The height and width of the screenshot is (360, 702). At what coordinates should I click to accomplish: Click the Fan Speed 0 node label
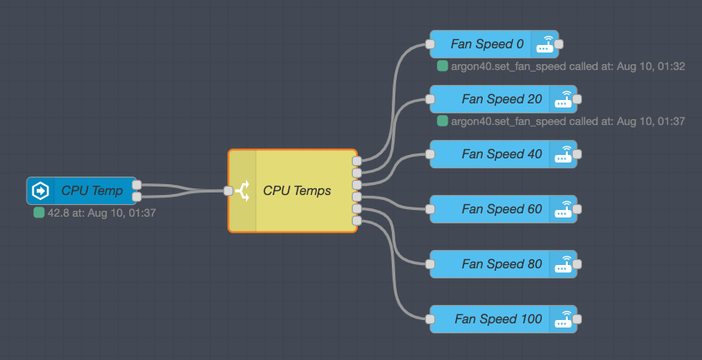click(487, 44)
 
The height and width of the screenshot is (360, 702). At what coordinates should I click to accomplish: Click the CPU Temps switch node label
click(297, 191)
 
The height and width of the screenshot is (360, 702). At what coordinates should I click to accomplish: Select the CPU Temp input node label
click(92, 191)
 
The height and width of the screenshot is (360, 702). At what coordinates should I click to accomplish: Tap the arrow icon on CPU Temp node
click(40, 191)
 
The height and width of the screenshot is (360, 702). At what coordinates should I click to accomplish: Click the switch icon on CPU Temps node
click(243, 191)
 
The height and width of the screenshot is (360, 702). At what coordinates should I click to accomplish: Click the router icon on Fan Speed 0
click(546, 44)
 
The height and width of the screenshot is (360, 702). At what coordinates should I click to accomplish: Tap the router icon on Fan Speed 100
click(564, 319)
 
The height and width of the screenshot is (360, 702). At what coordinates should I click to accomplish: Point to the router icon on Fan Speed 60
click(564, 209)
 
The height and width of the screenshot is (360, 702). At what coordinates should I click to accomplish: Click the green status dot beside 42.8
click(38, 213)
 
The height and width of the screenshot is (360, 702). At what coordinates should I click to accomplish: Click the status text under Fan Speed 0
click(567, 66)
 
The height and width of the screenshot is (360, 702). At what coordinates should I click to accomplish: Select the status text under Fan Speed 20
click(567, 121)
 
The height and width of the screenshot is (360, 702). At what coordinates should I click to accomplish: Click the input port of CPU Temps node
click(228, 191)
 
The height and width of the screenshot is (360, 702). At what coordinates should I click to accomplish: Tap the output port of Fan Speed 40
click(578, 154)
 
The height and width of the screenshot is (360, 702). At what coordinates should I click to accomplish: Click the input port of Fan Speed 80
click(430, 264)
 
